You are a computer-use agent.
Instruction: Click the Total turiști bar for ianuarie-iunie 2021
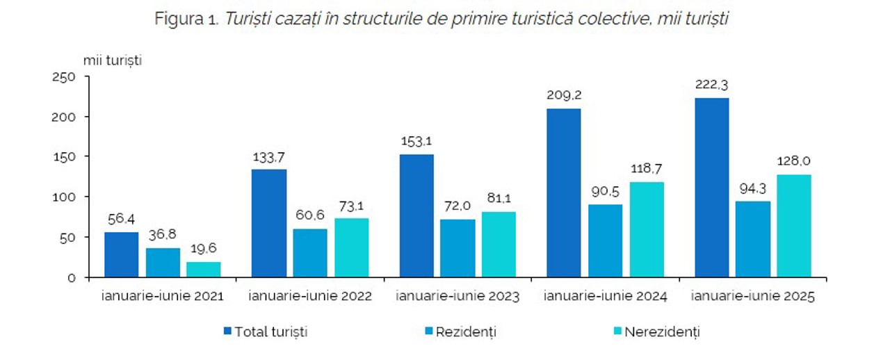coord(122,254)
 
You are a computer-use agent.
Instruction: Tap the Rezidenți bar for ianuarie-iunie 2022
coord(309,253)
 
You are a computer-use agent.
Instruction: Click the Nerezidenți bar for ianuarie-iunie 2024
coord(646,229)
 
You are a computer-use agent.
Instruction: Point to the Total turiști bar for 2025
coord(712,188)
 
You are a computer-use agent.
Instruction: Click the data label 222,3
coord(712,85)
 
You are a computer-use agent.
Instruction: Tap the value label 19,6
coord(204,249)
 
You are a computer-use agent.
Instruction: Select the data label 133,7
coord(268,156)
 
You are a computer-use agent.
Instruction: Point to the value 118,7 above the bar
coord(646,170)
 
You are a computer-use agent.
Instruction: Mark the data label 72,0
coord(457,206)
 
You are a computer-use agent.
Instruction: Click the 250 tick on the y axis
coord(64,76)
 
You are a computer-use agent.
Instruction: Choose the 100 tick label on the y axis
coord(64,197)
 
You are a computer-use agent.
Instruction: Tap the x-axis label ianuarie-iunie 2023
coord(458,296)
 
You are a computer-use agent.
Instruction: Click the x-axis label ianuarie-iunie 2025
coord(753,296)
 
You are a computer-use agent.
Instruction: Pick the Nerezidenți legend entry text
coord(662,332)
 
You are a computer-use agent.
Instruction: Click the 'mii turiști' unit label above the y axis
coord(113,60)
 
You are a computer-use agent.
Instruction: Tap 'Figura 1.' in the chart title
coord(187,19)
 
